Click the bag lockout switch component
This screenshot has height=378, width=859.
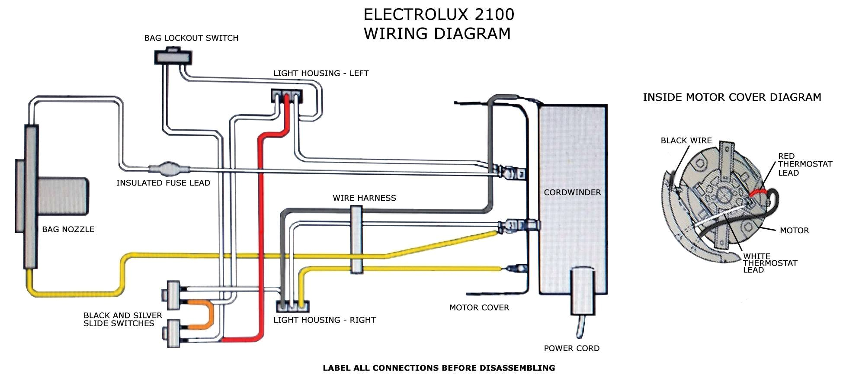pyautogui.click(x=173, y=57)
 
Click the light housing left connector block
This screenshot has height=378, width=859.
pyautogui.click(x=286, y=96)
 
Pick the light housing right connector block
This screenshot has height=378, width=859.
pyautogui.click(x=292, y=307)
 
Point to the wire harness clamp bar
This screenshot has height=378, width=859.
pyautogui.click(x=356, y=240)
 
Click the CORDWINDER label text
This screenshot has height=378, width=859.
pyautogui.click(x=572, y=192)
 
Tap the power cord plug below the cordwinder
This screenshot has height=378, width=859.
pyautogui.click(x=583, y=291)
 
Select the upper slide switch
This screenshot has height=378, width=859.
pyautogui.click(x=173, y=295)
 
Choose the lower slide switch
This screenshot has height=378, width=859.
pyautogui.click(x=173, y=333)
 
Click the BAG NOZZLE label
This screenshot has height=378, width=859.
pyautogui.click(x=68, y=230)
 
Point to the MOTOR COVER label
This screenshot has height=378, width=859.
pyautogui.click(x=479, y=308)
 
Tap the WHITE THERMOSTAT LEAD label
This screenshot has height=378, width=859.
pyautogui.click(x=770, y=263)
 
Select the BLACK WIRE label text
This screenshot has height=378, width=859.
pyautogui.click(x=686, y=141)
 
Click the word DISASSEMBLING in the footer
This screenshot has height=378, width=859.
pyautogui.click(x=517, y=368)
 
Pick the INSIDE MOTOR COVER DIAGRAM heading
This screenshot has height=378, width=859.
pyautogui.click(x=732, y=97)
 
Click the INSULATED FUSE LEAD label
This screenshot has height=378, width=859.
pyautogui.click(x=163, y=183)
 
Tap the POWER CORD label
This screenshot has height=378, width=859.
pyautogui.click(x=571, y=348)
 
